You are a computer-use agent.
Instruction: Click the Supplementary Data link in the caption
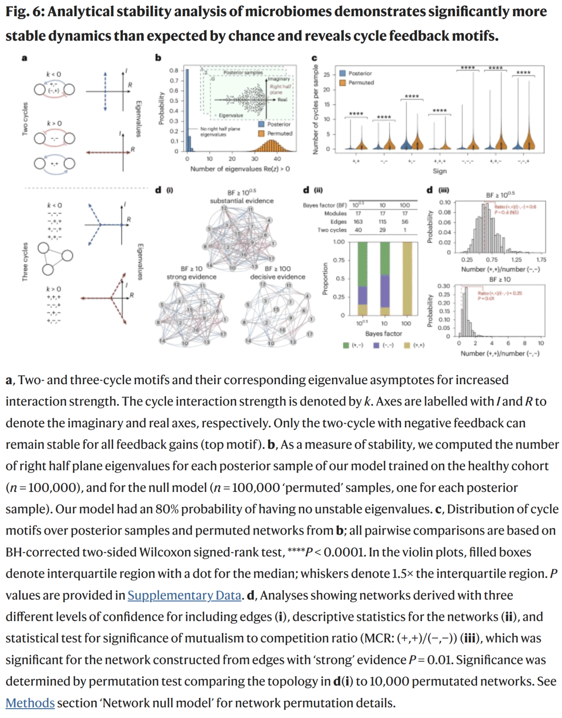click(x=184, y=595)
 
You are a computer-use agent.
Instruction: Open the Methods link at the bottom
click(x=30, y=702)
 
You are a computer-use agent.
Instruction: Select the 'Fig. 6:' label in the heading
click(x=24, y=11)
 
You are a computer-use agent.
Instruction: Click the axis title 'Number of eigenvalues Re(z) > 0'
click(x=240, y=169)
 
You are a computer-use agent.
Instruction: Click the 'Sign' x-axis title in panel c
click(x=440, y=171)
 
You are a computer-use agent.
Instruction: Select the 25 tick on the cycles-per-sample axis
click(x=327, y=75)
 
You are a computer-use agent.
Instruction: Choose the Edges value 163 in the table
click(x=358, y=221)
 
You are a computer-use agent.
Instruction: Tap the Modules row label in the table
click(x=335, y=213)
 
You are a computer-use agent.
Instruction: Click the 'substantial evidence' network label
click(x=241, y=201)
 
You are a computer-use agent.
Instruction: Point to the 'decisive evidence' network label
click(x=277, y=277)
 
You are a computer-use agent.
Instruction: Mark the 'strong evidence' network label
click(x=191, y=277)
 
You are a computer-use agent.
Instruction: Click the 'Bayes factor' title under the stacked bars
click(x=384, y=334)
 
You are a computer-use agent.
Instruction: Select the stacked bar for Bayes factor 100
click(x=407, y=279)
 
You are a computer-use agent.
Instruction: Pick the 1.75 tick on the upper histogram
click(x=541, y=259)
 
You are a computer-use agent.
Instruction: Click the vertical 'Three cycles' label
click(x=24, y=262)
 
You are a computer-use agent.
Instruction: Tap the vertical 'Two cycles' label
click(x=24, y=119)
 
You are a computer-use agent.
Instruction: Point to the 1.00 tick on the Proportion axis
click(x=339, y=242)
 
